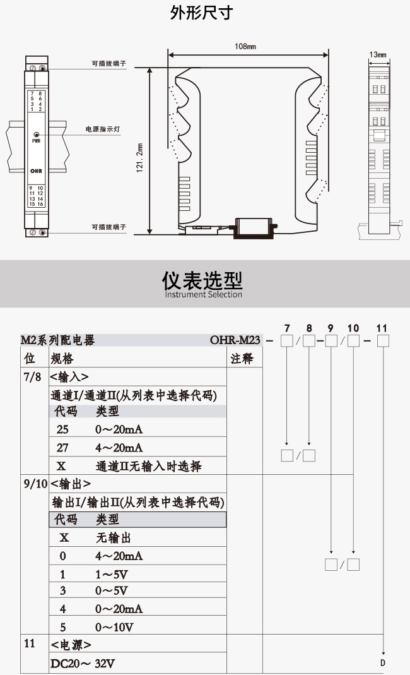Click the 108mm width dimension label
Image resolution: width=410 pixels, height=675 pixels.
tap(245, 46)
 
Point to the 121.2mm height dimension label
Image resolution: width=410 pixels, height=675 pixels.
tap(139, 158)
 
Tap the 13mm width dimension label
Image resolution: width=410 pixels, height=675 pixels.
tap(378, 55)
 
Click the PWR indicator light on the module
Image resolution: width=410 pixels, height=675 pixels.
tap(36, 134)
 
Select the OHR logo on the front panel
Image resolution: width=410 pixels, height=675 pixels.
tap(36, 171)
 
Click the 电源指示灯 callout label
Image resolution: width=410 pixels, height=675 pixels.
tap(103, 129)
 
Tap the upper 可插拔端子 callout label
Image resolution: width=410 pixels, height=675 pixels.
tap(109, 63)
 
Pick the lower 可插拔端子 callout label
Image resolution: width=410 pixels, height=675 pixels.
tap(109, 227)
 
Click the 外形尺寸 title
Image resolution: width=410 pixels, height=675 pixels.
tap(202, 13)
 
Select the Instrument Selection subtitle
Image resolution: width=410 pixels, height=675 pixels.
tap(204, 294)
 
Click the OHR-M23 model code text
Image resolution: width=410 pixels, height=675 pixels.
tap(235, 340)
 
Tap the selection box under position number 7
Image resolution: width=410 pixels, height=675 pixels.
tap(286, 341)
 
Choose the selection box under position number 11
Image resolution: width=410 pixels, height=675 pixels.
tap(383, 341)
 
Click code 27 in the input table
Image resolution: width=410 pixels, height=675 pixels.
tap(62, 448)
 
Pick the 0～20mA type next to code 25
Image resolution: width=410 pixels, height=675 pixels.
tap(119, 429)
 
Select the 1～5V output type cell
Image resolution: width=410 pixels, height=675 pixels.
tap(112, 574)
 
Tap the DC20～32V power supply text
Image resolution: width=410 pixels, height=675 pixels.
tap(83, 664)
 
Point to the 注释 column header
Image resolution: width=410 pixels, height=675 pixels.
tap(242, 359)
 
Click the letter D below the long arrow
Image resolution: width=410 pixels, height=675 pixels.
tap(382, 663)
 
